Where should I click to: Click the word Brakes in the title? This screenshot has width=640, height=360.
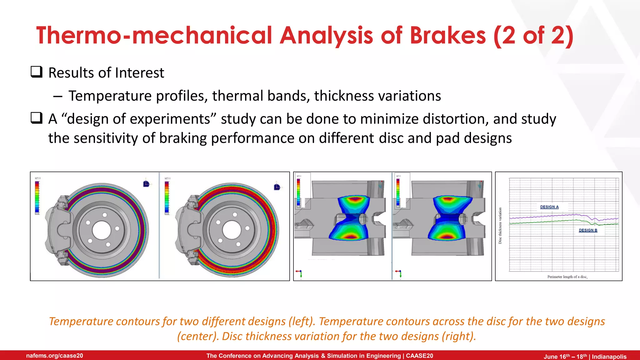point(447,35)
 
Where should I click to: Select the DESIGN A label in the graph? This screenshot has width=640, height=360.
point(549,207)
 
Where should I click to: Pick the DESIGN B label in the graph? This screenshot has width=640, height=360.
point(588,230)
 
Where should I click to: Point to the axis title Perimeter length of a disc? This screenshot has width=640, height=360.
point(567,277)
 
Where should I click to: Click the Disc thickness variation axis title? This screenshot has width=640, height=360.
point(500,226)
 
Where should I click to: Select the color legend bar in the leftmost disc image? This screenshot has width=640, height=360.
point(37,197)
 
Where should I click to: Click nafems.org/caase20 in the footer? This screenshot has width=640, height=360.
point(55,356)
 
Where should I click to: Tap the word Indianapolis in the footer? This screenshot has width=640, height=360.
point(609,357)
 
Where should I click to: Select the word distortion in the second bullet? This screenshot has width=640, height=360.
point(456,119)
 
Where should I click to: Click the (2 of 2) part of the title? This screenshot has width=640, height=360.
point(533,35)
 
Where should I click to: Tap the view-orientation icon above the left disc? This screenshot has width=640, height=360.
point(146,184)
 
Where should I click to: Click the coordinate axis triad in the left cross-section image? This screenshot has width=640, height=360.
point(299,273)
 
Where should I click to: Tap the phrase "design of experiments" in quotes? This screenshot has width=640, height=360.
point(139,119)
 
